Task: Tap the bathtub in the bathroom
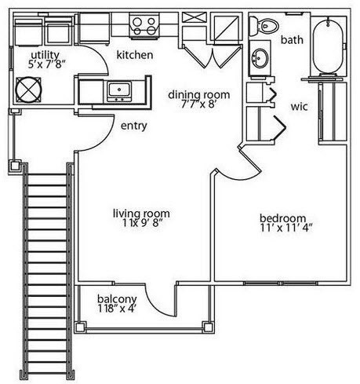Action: pos(328,46)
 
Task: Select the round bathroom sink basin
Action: pos(260,58)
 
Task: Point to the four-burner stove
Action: pos(144,25)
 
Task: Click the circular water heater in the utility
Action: pos(28,90)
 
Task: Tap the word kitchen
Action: pos(135,55)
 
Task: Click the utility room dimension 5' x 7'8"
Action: pos(46,64)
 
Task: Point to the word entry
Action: pos(134,126)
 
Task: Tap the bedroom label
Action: pos(282,218)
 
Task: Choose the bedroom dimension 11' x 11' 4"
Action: pos(286,228)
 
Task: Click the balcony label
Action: pos(117,298)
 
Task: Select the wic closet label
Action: pos(299,107)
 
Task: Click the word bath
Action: pos(292,40)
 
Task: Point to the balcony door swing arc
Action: pos(153,305)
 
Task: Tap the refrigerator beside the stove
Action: pos(94,28)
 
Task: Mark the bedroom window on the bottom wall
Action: pos(281,283)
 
